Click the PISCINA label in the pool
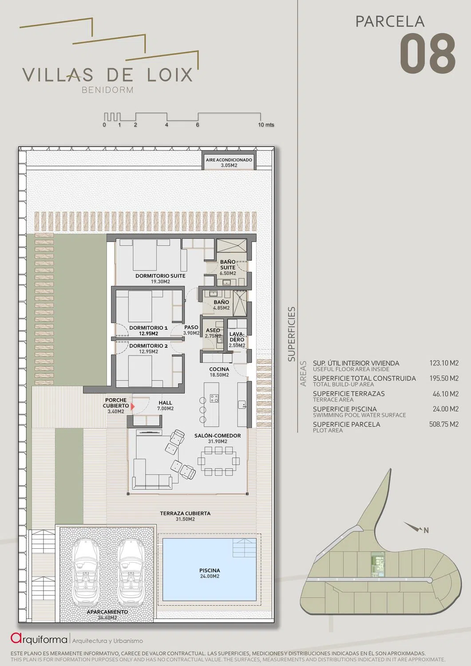(210, 570)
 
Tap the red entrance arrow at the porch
(133, 406)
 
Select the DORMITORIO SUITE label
(160, 276)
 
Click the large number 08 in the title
(427, 54)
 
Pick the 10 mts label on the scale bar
(266, 125)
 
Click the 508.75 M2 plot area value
(443, 424)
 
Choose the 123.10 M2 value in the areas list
(444, 363)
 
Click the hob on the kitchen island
(214, 398)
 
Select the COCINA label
(219, 369)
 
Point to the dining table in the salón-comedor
(218, 461)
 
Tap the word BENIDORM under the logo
(107, 90)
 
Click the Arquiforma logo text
(39, 638)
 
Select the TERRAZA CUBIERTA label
(185, 513)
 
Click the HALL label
(165, 403)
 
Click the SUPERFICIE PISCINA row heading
(344, 409)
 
